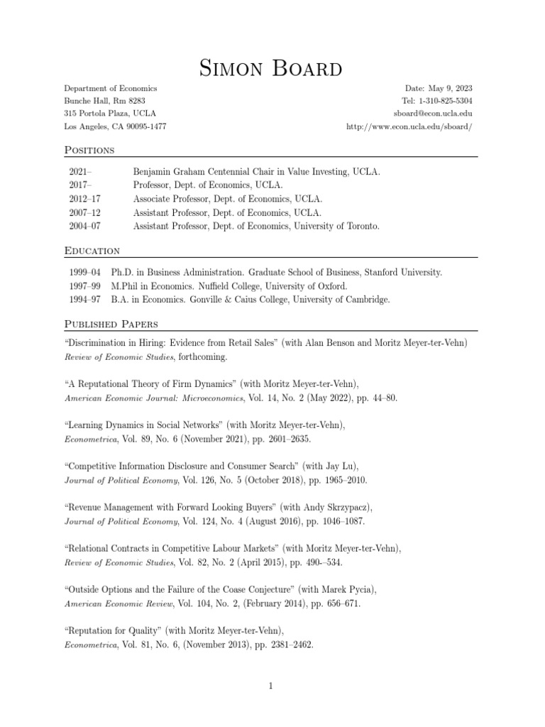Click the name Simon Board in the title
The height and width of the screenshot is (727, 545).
[272, 69]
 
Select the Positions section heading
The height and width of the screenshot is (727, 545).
[89, 150]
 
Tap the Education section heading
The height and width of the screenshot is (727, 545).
[92, 251]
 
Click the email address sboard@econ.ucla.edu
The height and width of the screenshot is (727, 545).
[434, 114]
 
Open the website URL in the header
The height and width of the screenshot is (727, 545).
[409, 126]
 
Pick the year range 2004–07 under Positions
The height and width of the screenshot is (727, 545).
[85, 226]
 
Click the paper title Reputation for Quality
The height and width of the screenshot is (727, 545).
[111, 631]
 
